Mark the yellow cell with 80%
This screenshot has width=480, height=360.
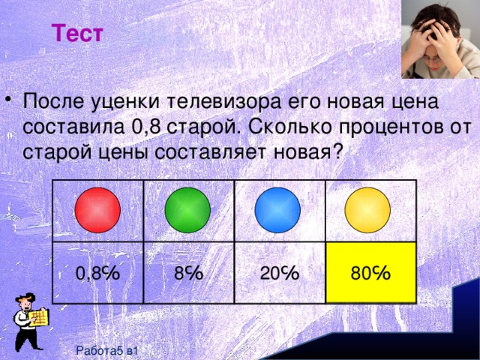click(370, 273)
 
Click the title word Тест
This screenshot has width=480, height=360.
click(79, 34)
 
